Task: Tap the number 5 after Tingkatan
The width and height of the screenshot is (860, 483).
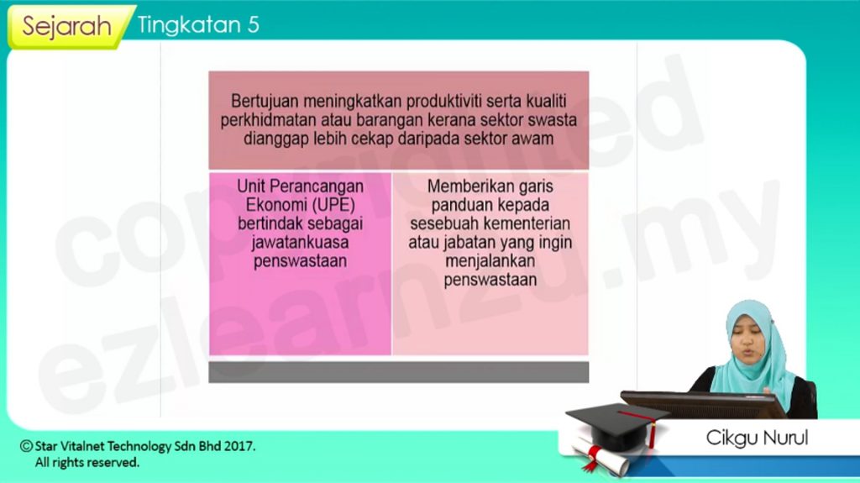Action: tap(253, 24)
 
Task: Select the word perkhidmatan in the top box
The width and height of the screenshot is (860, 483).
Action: tap(269, 119)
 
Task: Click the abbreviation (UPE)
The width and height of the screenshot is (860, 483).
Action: tap(333, 205)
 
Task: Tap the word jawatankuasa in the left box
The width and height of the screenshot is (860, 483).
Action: tap(300, 242)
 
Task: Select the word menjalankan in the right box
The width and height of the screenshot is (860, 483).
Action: tap(490, 260)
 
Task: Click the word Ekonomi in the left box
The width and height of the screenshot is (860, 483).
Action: tap(275, 205)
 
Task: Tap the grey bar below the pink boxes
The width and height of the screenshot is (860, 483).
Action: tap(399, 372)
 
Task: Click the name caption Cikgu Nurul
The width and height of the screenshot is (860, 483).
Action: tap(757, 438)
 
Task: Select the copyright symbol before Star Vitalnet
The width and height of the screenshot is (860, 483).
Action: tap(26, 446)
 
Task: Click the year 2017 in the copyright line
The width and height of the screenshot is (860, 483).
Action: tap(241, 446)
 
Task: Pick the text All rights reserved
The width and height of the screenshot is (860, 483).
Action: tap(87, 463)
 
